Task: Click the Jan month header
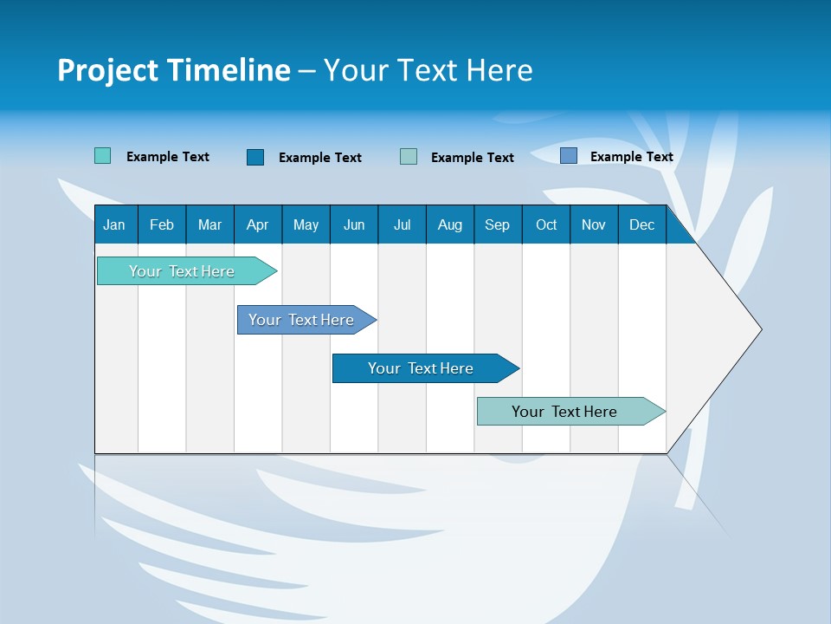point(114,225)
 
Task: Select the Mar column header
point(209,225)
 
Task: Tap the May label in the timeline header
point(306,225)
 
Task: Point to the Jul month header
point(402,225)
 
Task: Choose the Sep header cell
point(497,225)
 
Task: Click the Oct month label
point(546,225)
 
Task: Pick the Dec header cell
point(641,225)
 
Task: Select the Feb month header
point(162,225)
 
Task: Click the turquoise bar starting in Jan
point(182,271)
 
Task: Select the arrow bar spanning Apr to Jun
point(301,320)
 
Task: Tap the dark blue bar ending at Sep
point(421,368)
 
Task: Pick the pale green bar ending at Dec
point(564,412)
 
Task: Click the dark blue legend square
point(255,157)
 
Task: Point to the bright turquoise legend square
point(103,156)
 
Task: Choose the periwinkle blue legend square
point(569,156)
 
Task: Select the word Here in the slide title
point(499,70)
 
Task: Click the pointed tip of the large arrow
point(759,329)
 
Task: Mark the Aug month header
point(449,225)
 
